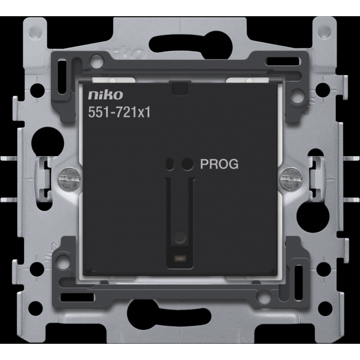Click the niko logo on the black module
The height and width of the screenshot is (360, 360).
pyautogui.click(x=105, y=95)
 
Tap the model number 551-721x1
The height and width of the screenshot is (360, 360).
pyautogui.click(x=119, y=112)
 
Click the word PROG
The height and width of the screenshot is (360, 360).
pyautogui.click(x=219, y=164)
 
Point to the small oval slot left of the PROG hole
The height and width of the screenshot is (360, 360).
pyautogui.click(x=170, y=164)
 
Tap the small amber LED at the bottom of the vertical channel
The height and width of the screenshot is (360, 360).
pyautogui.click(x=180, y=258)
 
